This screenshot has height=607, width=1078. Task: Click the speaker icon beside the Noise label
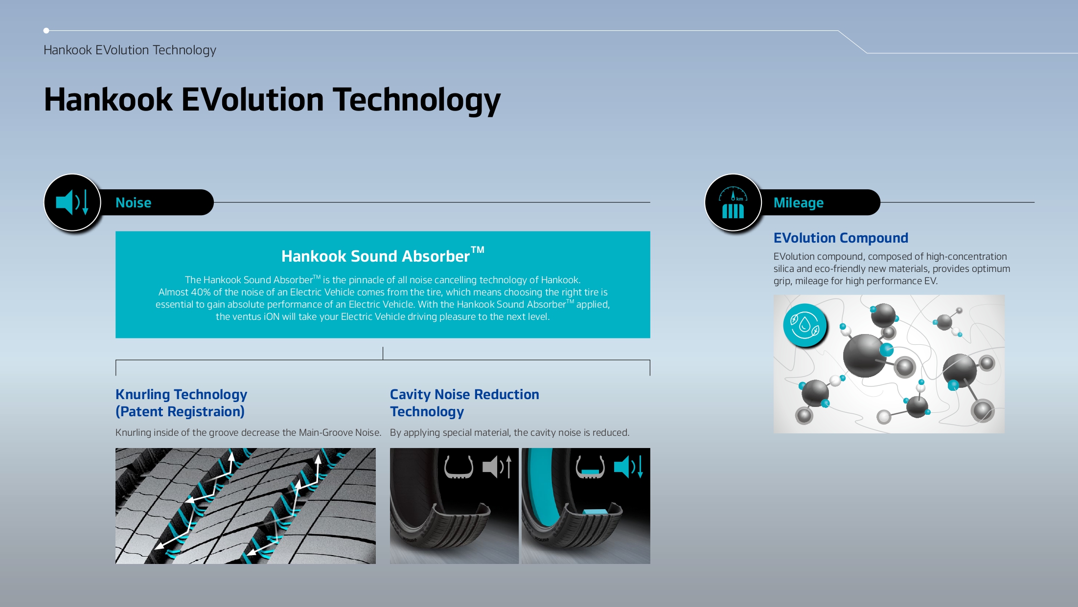click(x=72, y=202)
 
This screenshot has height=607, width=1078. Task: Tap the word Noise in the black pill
click(x=133, y=202)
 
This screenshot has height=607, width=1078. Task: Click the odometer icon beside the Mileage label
click(x=733, y=202)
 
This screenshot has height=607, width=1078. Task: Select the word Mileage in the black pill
click(x=798, y=202)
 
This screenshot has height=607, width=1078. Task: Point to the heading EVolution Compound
click(x=840, y=238)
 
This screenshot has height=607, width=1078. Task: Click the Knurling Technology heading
click(x=181, y=394)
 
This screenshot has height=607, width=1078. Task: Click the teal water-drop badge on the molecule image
click(x=804, y=325)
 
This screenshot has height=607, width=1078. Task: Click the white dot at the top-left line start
click(x=46, y=31)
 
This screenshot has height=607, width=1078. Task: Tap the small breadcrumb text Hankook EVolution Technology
click(x=130, y=50)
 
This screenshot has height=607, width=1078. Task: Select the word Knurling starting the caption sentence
click(x=133, y=432)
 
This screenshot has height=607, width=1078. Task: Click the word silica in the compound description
click(x=783, y=269)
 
